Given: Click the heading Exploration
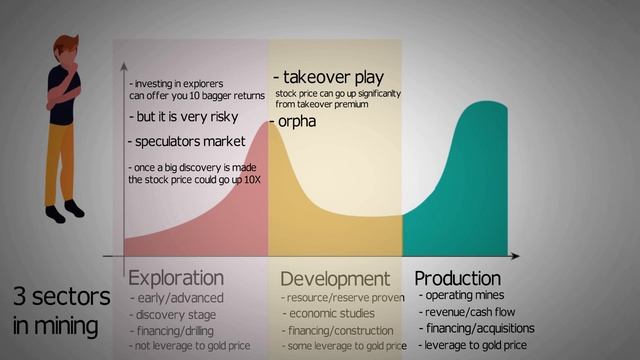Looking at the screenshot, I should pos(176,277).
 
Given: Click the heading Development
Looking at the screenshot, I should pos(334,278).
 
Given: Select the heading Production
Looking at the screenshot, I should pos(457,277).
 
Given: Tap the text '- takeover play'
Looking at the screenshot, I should pos(329,77).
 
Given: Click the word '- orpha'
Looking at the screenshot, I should pos(293,121).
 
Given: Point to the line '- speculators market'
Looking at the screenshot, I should pos(186,141).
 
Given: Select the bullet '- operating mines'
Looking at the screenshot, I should pos(461,295).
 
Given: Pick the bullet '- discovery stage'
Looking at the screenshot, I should pos(176,313).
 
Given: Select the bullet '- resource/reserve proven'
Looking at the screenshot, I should pos(342,298).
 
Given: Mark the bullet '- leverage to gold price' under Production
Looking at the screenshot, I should pos(472,345).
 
